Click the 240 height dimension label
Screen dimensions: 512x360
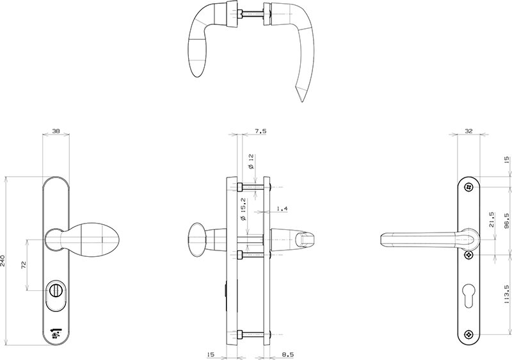(x=3, y=261)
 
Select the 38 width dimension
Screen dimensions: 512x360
(x=56, y=131)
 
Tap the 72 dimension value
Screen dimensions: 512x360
(x=24, y=265)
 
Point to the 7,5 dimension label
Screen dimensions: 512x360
(x=260, y=131)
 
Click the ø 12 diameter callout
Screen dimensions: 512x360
(x=251, y=161)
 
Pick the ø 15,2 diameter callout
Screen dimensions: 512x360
(x=243, y=209)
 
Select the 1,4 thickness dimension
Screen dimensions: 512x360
(x=282, y=208)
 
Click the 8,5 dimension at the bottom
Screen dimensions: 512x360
(x=287, y=354)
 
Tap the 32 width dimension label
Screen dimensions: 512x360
(x=468, y=131)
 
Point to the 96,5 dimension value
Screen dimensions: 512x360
(x=506, y=221)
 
